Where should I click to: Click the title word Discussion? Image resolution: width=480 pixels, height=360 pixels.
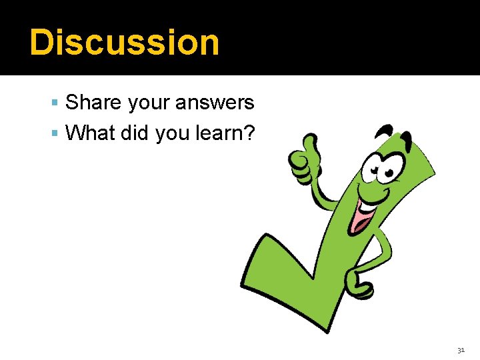tap(124, 42)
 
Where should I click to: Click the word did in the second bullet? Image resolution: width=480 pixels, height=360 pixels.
tap(136, 133)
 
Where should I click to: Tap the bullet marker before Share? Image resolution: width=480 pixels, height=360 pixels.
tap(55, 103)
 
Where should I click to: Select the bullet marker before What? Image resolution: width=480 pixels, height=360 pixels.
tap(55, 134)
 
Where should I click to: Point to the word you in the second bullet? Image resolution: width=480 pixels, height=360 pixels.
tap(171, 133)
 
